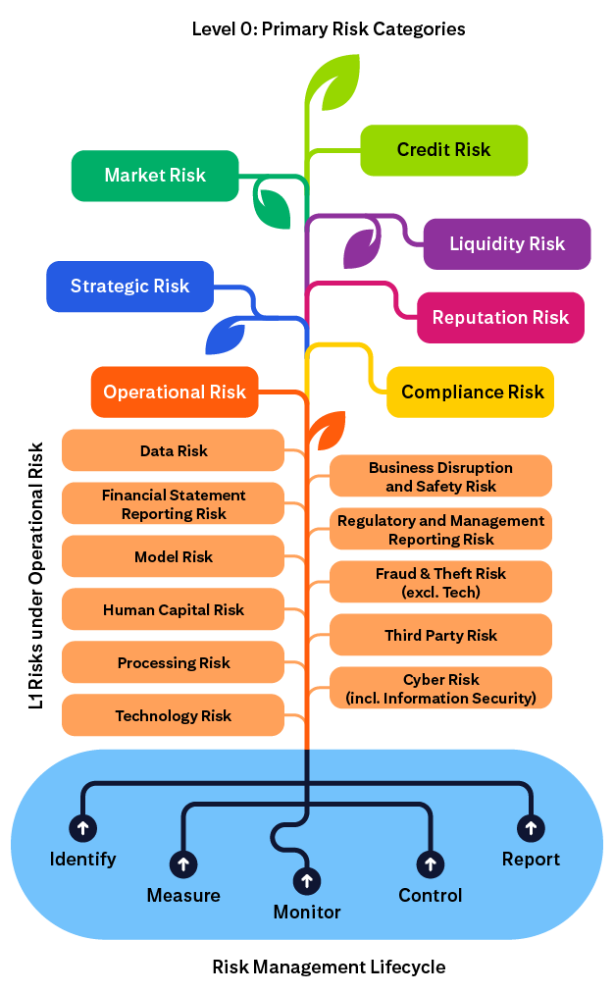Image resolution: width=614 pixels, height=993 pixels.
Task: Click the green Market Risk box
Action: (x=155, y=176)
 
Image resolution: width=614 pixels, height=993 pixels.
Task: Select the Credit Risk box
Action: (x=444, y=150)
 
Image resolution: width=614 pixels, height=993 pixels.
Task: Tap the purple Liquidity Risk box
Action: (x=507, y=243)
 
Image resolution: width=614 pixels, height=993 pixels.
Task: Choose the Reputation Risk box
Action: (x=500, y=317)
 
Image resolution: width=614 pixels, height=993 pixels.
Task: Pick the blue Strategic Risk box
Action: (x=129, y=287)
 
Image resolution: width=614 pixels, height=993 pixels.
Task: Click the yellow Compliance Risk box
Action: (x=472, y=392)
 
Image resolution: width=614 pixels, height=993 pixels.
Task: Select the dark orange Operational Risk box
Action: (x=175, y=392)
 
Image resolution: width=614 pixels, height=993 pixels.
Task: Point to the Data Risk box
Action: (x=174, y=451)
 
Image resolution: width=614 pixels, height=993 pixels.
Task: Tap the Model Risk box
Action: (x=174, y=557)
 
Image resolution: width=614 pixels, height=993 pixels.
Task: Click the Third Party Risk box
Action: (x=440, y=636)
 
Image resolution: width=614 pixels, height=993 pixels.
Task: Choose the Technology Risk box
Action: (x=174, y=716)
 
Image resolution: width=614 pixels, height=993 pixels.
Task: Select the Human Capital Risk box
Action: (x=174, y=610)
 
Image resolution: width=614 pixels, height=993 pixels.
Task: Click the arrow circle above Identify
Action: (x=82, y=826)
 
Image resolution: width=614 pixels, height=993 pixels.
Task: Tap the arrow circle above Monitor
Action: (x=307, y=879)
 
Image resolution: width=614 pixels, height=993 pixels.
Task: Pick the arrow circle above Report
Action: (x=531, y=827)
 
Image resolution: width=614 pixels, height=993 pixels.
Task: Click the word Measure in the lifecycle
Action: (x=183, y=895)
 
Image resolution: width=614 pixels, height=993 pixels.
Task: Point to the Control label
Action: (x=430, y=895)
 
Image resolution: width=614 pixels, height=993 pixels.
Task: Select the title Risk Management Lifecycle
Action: (x=329, y=967)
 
